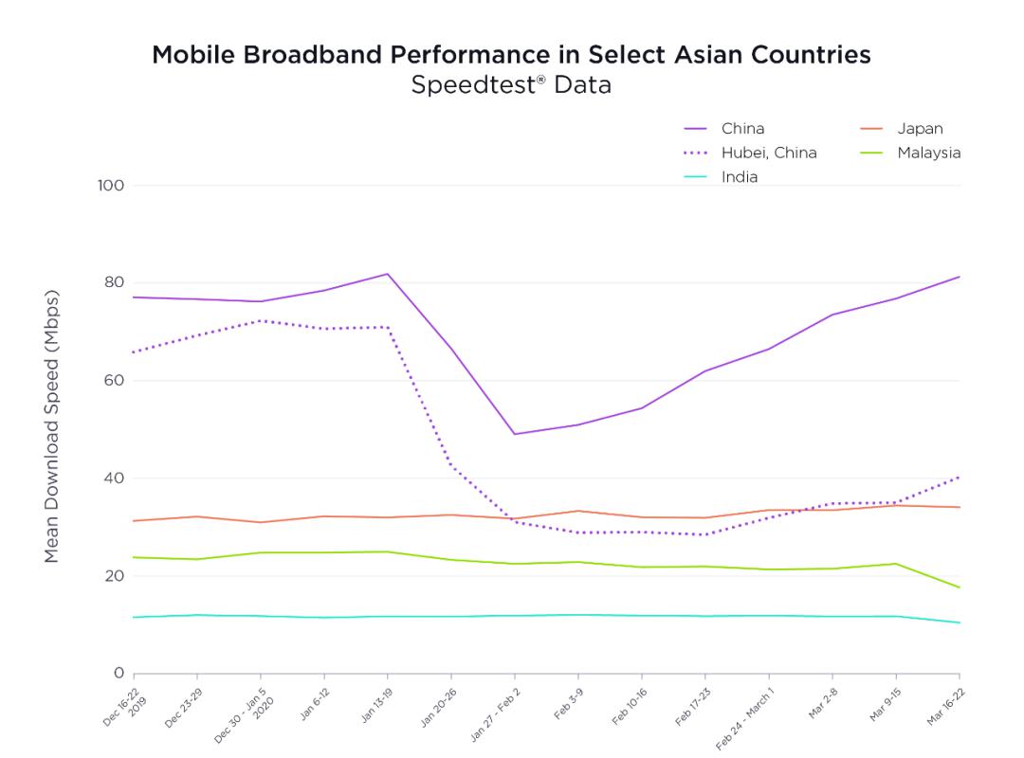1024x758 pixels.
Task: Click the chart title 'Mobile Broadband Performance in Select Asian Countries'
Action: click(511, 55)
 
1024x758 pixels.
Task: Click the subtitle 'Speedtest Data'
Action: click(511, 85)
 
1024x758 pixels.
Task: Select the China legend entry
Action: click(723, 129)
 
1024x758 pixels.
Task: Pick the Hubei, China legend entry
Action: click(750, 153)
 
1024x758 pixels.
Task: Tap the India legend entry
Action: click(721, 177)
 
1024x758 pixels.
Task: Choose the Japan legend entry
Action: click(902, 129)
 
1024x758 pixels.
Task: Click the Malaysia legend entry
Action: click(910, 153)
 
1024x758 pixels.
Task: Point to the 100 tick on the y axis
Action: click(111, 186)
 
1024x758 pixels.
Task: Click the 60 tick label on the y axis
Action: click(114, 381)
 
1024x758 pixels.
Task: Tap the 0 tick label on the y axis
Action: click(119, 673)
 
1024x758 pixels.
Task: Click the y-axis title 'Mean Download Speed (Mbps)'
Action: click(51, 425)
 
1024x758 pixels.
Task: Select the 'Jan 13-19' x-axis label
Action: click(376, 705)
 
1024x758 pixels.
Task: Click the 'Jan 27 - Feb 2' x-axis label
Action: click(496, 715)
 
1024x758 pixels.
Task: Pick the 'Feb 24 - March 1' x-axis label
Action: click(745, 719)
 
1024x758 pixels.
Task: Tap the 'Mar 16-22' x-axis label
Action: click(945, 707)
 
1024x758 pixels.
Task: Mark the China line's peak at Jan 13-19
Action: click(387, 274)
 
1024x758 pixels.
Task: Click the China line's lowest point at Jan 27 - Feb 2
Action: click(515, 434)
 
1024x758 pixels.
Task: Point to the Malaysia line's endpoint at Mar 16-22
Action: click(960, 587)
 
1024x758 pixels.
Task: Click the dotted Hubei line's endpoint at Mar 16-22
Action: click(960, 478)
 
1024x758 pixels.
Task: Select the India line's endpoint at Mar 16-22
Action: click(960, 623)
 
